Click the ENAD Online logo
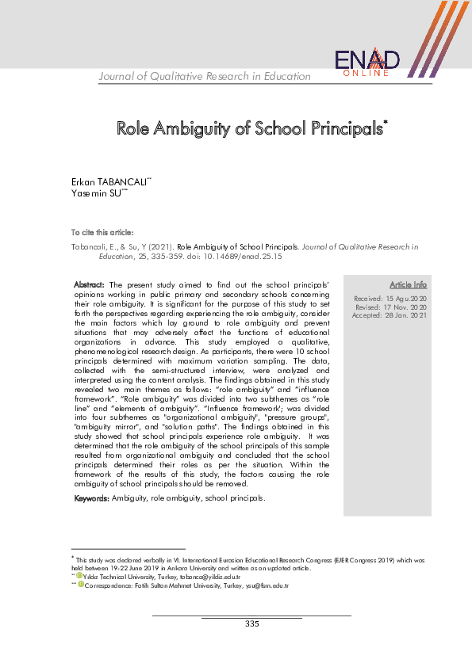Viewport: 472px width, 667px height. [367, 63]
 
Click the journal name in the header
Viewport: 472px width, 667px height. [205, 76]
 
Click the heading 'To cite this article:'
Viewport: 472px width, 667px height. [102, 233]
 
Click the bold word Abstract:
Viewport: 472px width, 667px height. [90, 284]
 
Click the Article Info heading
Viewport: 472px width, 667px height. [408, 284]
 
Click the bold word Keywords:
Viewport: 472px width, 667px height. [91, 499]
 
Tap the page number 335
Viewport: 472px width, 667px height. [251, 624]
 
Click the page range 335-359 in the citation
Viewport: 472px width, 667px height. [154, 257]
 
